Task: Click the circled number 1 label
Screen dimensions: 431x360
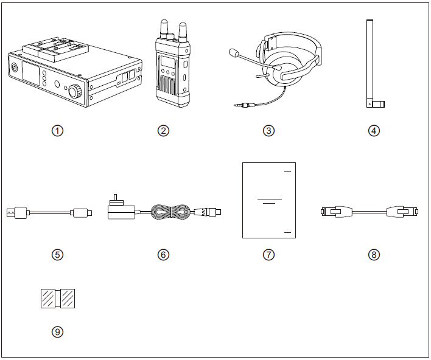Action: click(x=57, y=131)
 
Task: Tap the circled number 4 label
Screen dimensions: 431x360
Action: click(x=374, y=131)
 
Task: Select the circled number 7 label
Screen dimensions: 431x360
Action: click(x=268, y=255)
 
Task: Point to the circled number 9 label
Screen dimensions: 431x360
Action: click(x=57, y=331)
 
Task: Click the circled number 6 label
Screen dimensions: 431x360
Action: click(x=163, y=255)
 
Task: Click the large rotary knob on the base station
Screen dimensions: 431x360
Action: click(x=75, y=91)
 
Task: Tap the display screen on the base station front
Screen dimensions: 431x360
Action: click(x=31, y=72)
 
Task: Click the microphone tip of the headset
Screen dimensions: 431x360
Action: click(x=234, y=53)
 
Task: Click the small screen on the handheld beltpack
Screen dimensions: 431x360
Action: click(x=167, y=62)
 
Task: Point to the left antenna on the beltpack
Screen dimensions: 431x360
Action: click(x=164, y=29)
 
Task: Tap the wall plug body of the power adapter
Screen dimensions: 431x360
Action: click(x=121, y=212)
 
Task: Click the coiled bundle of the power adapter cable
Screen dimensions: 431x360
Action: click(x=170, y=212)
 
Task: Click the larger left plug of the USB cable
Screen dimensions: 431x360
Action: click(x=17, y=213)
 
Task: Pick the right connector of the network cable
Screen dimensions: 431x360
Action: click(x=402, y=212)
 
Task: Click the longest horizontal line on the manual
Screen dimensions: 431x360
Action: click(x=269, y=199)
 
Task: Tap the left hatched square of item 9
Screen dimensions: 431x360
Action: click(x=48, y=299)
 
